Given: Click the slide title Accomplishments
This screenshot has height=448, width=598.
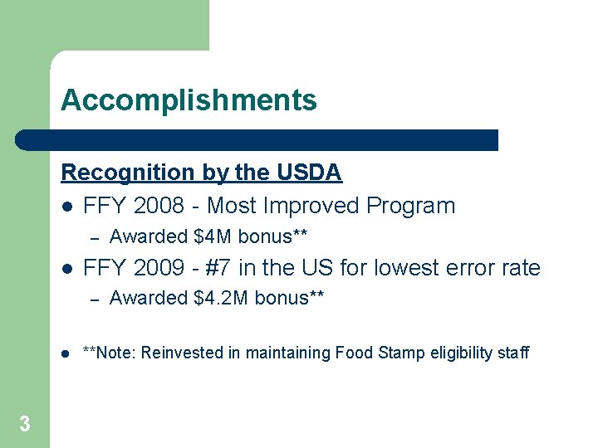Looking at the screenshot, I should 189,100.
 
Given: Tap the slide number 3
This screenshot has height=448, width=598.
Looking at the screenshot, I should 25,425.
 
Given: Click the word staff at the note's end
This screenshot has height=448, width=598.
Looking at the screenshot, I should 513,353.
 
